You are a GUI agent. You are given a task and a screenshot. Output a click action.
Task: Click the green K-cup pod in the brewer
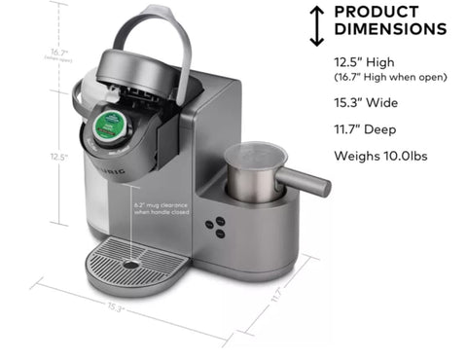[x=104, y=126]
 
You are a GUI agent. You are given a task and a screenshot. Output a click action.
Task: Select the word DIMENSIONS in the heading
[x=389, y=30]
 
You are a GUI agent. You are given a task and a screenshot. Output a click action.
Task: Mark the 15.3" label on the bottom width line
[x=117, y=307]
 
